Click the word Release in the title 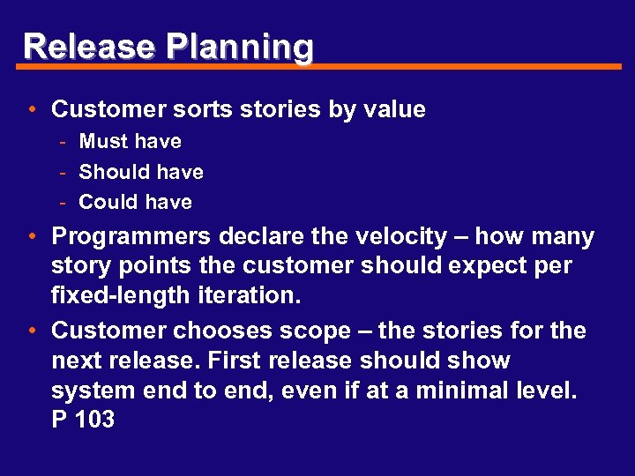(76, 46)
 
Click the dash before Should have (64, 172)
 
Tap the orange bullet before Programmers (31, 236)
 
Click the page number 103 (94, 420)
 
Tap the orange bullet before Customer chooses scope (31, 331)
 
